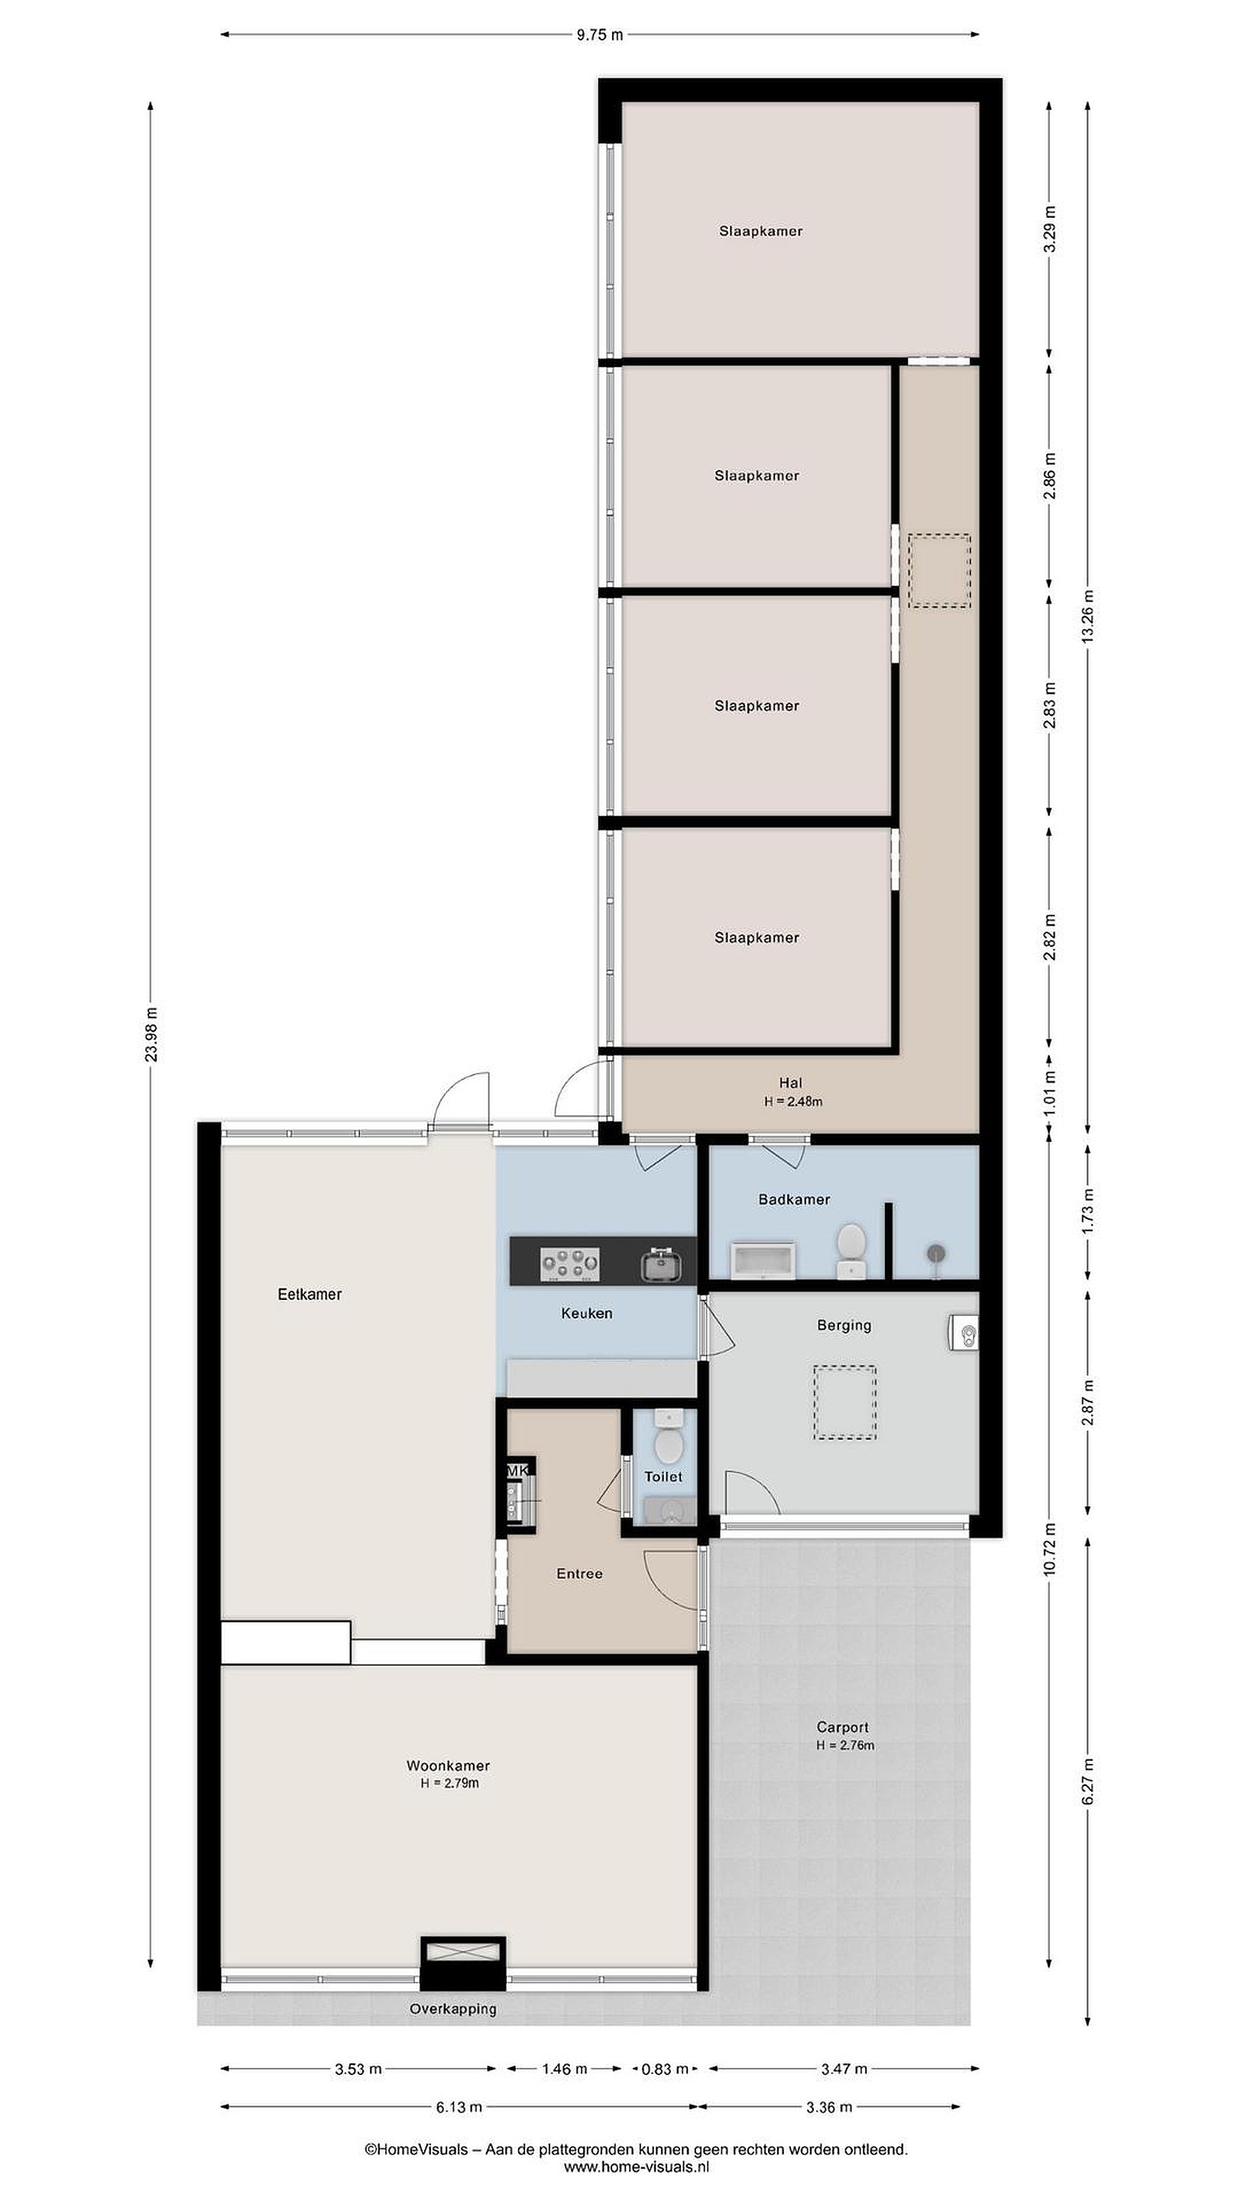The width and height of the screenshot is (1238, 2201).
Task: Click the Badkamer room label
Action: tap(794, 1200)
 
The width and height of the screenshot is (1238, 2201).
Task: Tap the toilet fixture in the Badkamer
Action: tap(850, 1251)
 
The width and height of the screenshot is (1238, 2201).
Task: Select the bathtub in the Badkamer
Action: tap(763, 1261)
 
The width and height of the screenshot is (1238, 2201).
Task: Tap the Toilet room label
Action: tap(663, 1477)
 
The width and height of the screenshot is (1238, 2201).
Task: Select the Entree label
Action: tap(579, 1573)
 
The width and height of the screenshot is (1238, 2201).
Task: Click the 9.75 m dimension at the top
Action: tap(600, 35)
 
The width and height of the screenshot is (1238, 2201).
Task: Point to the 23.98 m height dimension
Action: tap(151, 1034)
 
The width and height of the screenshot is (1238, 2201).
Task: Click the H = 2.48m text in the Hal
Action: tap(793, 1101)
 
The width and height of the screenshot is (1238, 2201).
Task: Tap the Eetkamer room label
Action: tap(309, 1295)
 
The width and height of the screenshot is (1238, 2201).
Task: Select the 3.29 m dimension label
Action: tap(1050, 229)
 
